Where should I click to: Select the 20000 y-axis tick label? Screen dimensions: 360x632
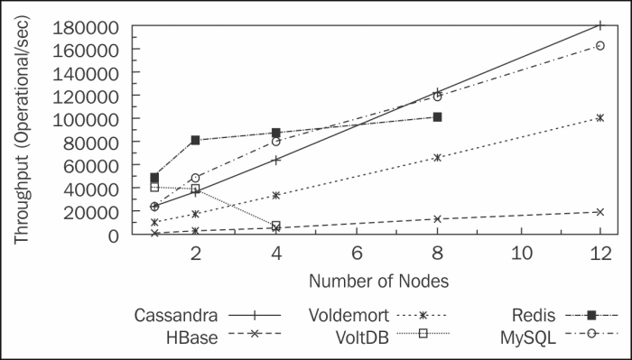click(94, 211)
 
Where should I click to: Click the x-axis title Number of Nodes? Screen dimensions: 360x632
click(378, 281)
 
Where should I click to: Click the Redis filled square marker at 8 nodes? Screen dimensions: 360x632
click(438, 117)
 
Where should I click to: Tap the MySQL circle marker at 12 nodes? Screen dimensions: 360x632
click(600, 45)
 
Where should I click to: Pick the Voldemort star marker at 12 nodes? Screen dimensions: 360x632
click(600, 117)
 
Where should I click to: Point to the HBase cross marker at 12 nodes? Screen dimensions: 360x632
click(600, 212)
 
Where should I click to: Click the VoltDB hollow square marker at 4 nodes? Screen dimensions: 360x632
click(275, 226)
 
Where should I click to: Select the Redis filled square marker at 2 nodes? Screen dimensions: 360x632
click(195, 140)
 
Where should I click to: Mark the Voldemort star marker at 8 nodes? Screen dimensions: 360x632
click(438, 157)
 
